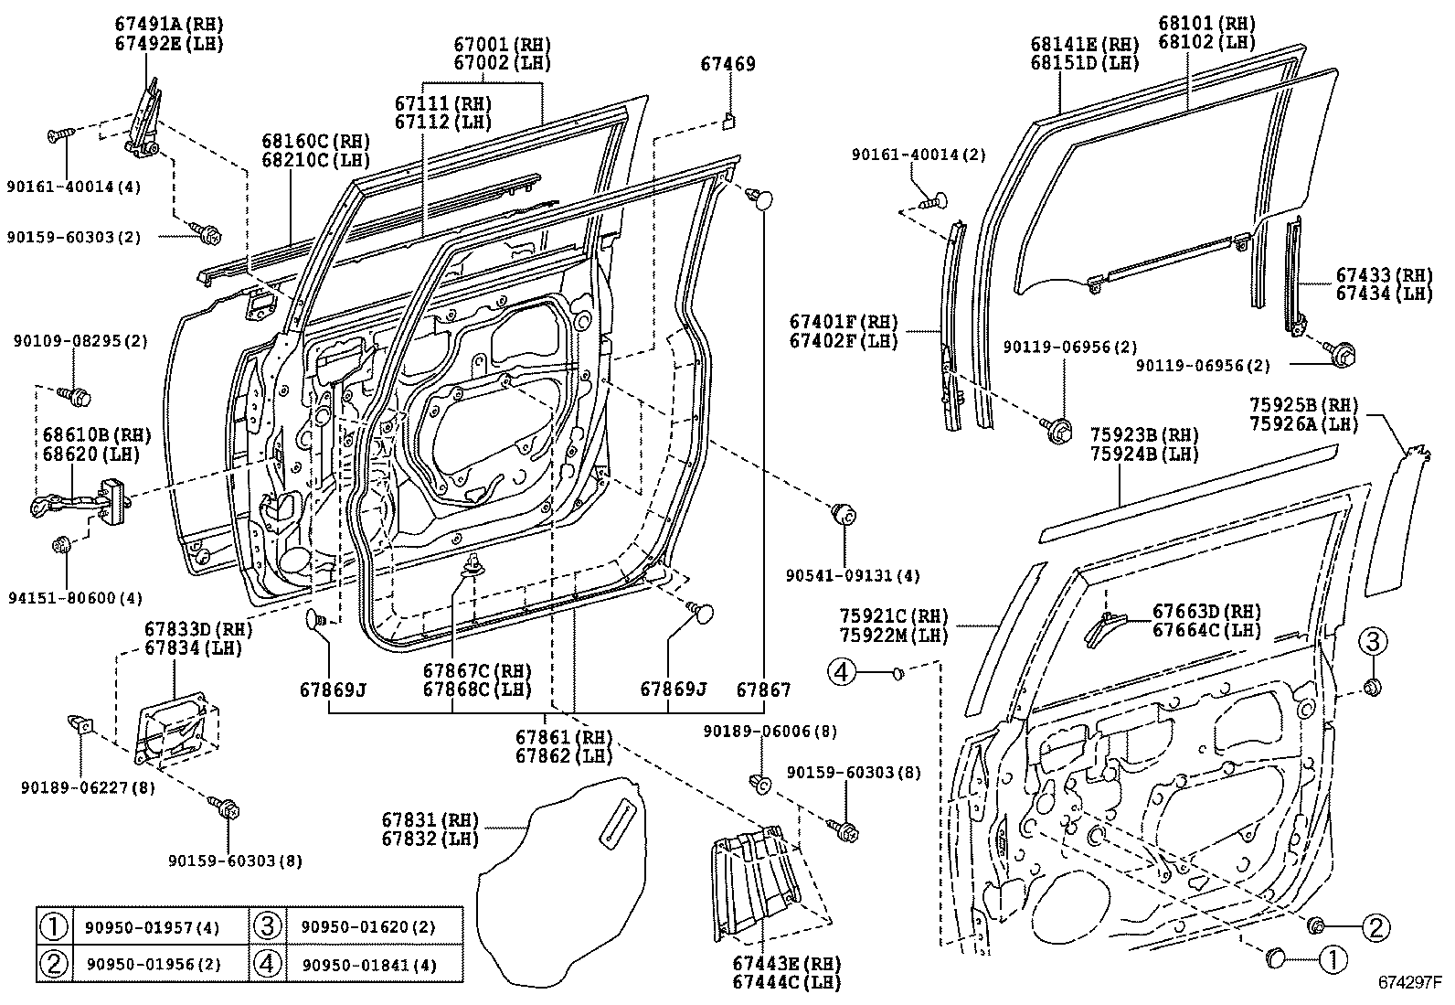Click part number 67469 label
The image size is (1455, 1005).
(x=727, y=64)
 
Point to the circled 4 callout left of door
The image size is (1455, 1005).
(x=841, y=673)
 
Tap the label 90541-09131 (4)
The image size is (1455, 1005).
(x=853, y=576)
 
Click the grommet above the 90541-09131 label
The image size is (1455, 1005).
(x=842, y=514)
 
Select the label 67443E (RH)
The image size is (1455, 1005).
(x=786, y=964)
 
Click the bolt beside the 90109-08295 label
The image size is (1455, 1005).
(x=76, y=396)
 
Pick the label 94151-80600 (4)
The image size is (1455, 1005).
(x=78, y=599)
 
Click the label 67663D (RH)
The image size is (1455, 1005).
(x=1206, y=612)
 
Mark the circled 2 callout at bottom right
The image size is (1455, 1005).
(x=1375, y=928)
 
